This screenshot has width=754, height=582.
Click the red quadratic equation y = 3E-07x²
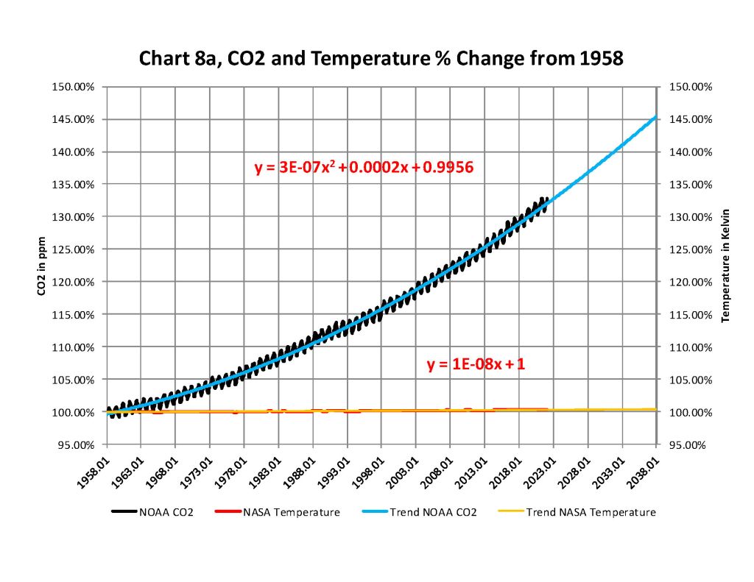click(364, 168)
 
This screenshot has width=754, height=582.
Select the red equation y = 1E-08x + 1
click(476, 363)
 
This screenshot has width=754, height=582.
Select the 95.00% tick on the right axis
click(688, 444)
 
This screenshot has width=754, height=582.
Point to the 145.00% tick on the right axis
click(688, 119)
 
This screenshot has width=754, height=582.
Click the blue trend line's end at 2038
click(655, 116)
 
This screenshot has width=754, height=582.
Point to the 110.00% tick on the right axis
click(688, 347)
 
